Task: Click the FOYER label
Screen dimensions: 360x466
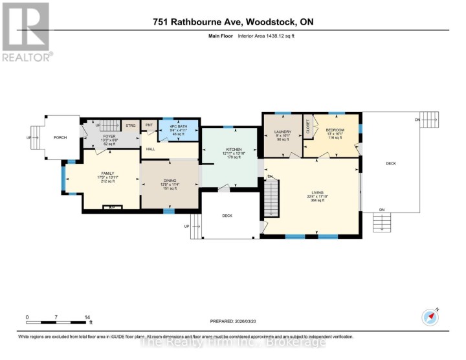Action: pyautogui.click(x=107, y=137)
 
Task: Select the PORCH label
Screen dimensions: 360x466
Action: pyautogui.click(x=60, y=137)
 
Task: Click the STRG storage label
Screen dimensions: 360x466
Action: pyautogui.click(x=130, y=126)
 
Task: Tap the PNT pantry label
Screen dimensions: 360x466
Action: pyautogui.click(x=149, y=126)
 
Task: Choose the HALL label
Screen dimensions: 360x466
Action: pyautogui.click(x=150, y=149)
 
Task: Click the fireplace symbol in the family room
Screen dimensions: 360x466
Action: pyautogui.click(x=112, y=207)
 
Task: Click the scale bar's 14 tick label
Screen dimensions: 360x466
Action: pyautogui.click(x=87, y=317)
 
